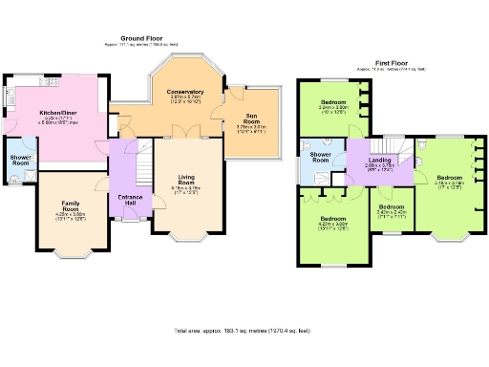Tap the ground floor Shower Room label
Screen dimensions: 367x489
pos(20,159)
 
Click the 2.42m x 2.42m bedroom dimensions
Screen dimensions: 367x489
pos(391,214)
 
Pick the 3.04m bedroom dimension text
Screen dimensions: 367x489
pos(334,107)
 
